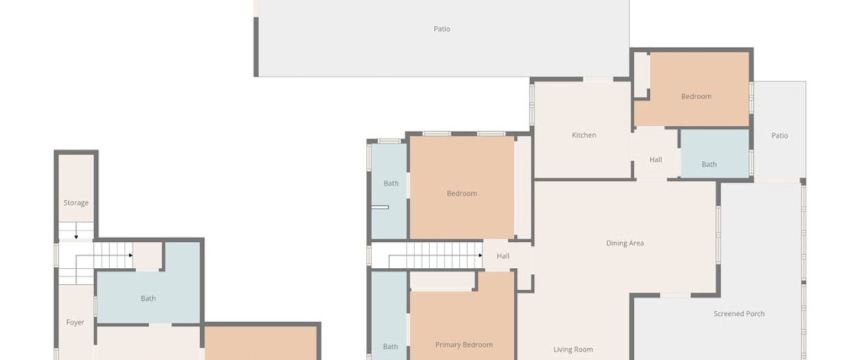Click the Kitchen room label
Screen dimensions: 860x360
pos(584,135)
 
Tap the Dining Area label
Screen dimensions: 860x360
pos(625,243)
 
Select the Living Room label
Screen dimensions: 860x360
pos(573,349)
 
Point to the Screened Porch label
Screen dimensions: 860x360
pos(739,313)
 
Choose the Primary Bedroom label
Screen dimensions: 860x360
pos(464,345)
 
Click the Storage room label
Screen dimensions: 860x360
pos(76,203)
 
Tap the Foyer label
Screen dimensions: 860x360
pos(75,323)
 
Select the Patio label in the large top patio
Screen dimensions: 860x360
pos(442,29)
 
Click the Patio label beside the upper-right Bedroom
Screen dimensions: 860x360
pos(779,135)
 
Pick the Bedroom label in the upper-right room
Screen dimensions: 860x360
pos(696,96)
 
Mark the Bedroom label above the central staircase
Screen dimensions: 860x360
pos(461,193)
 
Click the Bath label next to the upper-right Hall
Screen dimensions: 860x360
pos(709,164)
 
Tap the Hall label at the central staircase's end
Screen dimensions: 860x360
pos(503,256)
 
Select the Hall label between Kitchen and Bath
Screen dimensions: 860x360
pos(656,159)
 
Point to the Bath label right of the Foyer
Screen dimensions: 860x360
pos(148,298)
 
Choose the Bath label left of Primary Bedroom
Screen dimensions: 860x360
pos(391,347)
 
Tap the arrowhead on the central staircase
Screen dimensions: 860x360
pos(480,255)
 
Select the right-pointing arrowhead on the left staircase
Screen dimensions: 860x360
pos(131,255)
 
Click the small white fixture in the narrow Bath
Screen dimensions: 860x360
pos(380,207)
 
